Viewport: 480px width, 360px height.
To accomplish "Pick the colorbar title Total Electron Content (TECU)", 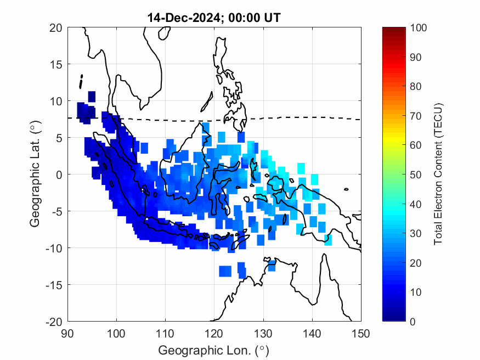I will point(438,174).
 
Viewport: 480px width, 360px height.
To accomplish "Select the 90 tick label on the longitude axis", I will point(67,333).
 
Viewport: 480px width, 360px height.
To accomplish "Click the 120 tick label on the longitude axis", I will point(214,333).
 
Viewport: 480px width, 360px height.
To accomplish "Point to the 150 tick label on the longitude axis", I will point(361,333).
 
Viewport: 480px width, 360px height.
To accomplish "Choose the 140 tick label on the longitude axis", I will point(312,333).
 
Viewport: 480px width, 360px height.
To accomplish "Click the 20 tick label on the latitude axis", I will point(55,27).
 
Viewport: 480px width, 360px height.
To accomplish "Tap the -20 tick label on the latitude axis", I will point(54,321).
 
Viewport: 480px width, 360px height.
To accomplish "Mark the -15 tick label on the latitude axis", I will point(54,284).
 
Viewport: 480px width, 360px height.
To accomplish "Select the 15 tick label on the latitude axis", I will point(55,64).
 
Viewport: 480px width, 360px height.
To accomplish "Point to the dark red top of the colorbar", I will point(393,30).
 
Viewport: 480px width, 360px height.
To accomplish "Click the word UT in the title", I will point(273,18).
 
